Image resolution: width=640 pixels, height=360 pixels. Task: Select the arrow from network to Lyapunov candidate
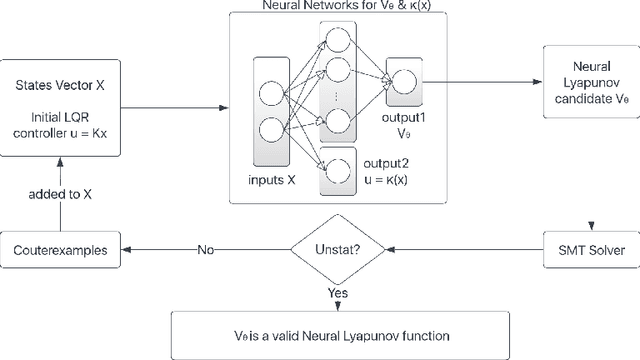tap(492, 81)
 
